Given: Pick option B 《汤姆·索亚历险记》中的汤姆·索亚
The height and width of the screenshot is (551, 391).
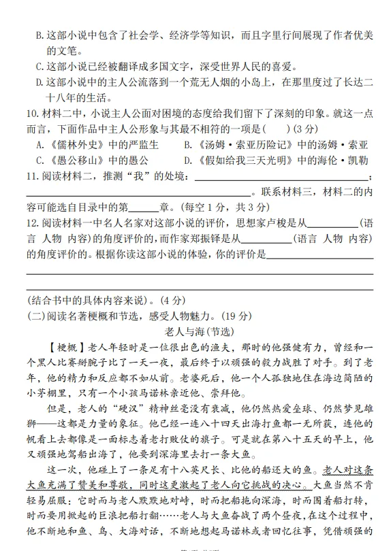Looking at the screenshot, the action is (x=275, y=144).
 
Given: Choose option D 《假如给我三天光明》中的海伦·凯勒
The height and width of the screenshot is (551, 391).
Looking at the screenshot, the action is (x=275, y=161).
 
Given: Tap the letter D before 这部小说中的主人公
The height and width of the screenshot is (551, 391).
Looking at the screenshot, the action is (x=39, y=82).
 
